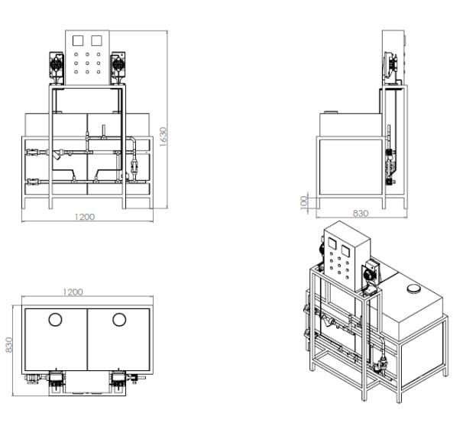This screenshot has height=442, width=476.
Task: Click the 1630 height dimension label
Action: tap(164, 137)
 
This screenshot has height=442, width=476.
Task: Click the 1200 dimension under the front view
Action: tap(85, 217)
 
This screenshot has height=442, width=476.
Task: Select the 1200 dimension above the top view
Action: tap(73, 292)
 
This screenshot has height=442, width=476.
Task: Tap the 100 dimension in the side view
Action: tap(304, 202)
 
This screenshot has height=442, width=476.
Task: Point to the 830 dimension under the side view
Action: tap(361, 213)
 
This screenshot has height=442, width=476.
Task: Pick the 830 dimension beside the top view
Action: tap(9, 344)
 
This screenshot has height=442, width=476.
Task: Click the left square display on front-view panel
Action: tap(78, 40)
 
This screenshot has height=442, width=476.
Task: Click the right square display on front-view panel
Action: tap(96, 40)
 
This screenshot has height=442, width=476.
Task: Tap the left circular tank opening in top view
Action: tap(55, 320)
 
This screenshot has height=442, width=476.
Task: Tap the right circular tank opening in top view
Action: tap(119, 320)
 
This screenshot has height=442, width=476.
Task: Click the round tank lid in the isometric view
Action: tap(413, 289)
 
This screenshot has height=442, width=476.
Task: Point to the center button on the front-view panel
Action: tap(87, 63)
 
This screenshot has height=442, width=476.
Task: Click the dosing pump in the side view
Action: tap(391, 67)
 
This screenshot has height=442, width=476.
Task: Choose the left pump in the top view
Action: tap(57, 382)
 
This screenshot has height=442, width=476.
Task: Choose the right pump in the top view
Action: tap(118, 382)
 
